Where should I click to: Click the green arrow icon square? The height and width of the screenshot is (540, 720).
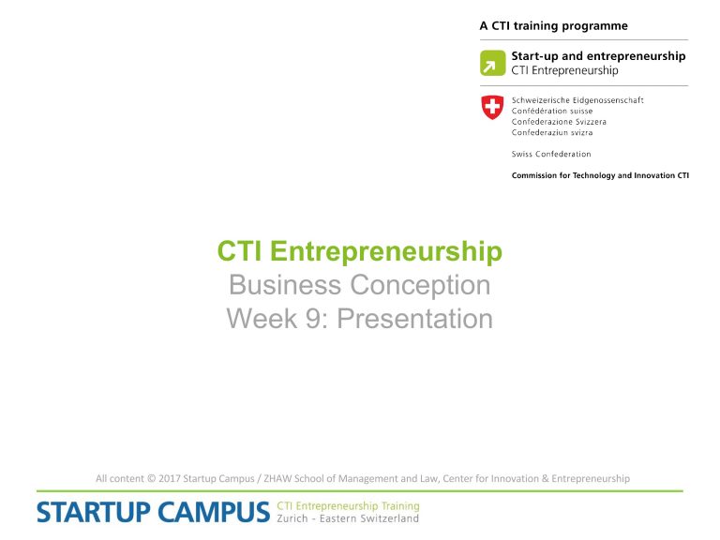pos(493,63)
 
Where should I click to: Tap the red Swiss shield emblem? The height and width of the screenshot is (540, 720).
pos(492,107)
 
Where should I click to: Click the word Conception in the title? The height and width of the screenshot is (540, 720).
pos(420,285)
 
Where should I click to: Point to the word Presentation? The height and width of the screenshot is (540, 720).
pos(415,318)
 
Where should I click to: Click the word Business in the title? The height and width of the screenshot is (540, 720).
pos(285,284)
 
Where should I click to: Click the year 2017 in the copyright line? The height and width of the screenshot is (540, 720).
pos(170,478)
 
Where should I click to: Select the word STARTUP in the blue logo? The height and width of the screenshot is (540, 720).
pos(93,512)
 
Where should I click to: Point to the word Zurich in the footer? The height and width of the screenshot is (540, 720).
pos(292,518)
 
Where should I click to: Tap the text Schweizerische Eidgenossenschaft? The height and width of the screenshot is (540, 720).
pos(577,100)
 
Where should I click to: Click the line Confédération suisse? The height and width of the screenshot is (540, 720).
pos(552,111)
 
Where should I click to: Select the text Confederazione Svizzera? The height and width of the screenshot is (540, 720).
pos(559,122)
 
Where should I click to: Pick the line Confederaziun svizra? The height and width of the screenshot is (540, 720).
pos(552,132)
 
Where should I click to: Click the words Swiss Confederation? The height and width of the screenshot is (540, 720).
pos(551,154)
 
